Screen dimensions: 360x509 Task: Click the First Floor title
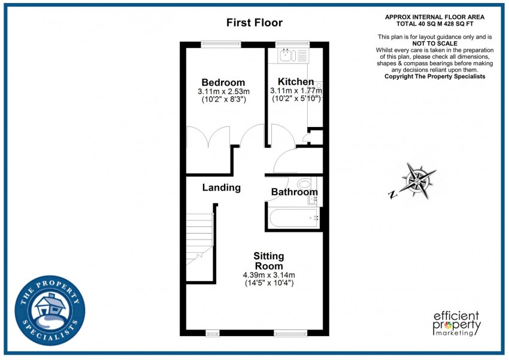pos(254,23)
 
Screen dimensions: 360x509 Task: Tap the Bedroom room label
pos(223,83)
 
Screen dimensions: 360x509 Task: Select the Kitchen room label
pos(295,82)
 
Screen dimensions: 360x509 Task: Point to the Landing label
pos(221,187)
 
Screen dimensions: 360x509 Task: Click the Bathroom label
pos(294,192)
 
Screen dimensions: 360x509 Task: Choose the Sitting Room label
pos(268,261)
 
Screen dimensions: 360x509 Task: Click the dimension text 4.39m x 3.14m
pos(268,275)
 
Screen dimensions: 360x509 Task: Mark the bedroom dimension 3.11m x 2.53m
pos(223,92)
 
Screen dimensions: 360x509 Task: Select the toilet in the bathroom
pos(305,184)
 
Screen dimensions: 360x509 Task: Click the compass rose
pos(419,180)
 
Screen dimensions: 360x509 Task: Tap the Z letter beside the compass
pos(392,194)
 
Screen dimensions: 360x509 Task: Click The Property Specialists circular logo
pos(50,310)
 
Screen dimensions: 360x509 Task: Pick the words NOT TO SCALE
pos(435,44)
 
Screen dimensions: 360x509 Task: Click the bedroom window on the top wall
pos(221,43)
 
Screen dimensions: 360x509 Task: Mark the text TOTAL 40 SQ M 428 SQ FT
pos(435,24)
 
